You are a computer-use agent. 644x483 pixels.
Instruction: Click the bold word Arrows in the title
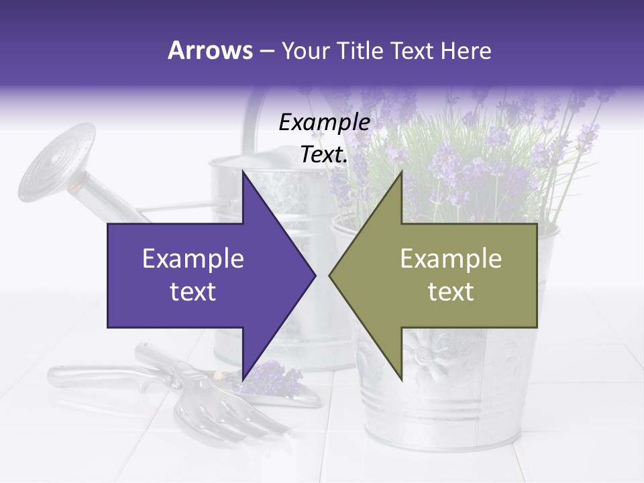coord(211,50)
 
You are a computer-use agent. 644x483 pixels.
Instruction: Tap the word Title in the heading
coord(362,50)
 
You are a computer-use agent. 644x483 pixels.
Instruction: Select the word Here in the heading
coord(466,50)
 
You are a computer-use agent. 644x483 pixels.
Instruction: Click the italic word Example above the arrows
coord(324,123)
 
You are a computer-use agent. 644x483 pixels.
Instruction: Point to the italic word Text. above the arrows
coord(324,155)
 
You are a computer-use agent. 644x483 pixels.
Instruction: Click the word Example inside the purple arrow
coord(193,259)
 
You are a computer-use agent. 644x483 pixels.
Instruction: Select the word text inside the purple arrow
coord(193,292)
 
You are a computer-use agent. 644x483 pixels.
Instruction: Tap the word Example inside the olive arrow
coord(451,259)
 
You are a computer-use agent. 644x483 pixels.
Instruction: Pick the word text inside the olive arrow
coord(451,292)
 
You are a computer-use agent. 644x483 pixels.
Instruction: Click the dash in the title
coord(266,51)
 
